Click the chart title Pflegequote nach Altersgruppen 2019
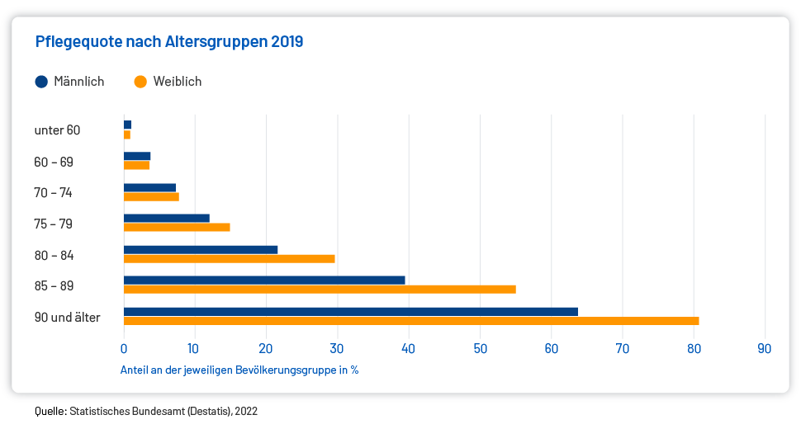[x=169, y=41]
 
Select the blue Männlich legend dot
[x=41, y=82]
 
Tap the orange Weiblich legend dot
[x=140, y=82]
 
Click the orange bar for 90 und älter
[x=411, y=321]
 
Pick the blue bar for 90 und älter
[x=350, y=311]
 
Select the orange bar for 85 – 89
[x=320, y=290]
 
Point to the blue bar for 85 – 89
[x=264, y=280]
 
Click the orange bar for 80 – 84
[x=229, y=258]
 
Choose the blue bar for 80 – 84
[x=201, y=249]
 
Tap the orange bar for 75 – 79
[x=177, y=227]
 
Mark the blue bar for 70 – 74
[x=149, y=187]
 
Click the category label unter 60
[x=57, y=130]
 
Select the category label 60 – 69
[x=54, y=162]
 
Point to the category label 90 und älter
[x=67, y=318]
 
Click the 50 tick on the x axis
[x=480, y=348]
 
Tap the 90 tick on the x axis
[x=765, y=348]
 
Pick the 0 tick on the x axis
[x=124, y=348]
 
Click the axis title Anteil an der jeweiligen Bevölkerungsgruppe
[x=239, y=370]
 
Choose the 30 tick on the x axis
[x=337, y=348]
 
